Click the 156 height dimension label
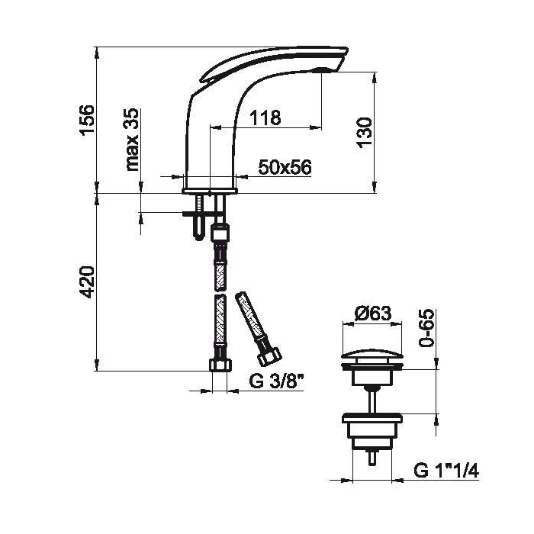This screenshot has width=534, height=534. tap(85, 120)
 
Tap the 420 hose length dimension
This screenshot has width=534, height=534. tap(85, 282)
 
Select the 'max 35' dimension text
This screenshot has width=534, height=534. tap(132, 140)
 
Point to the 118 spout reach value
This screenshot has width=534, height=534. tap(265, 117)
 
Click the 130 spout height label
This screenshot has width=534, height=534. tap(365, 132)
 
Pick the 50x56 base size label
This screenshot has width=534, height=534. tap(285, 167)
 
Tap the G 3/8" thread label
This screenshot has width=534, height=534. tap(276, 381)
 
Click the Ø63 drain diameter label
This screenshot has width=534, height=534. tap(372, 314)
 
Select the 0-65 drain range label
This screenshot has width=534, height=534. tap(426, 328)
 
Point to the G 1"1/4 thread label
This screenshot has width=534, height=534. tap(446, 471)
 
